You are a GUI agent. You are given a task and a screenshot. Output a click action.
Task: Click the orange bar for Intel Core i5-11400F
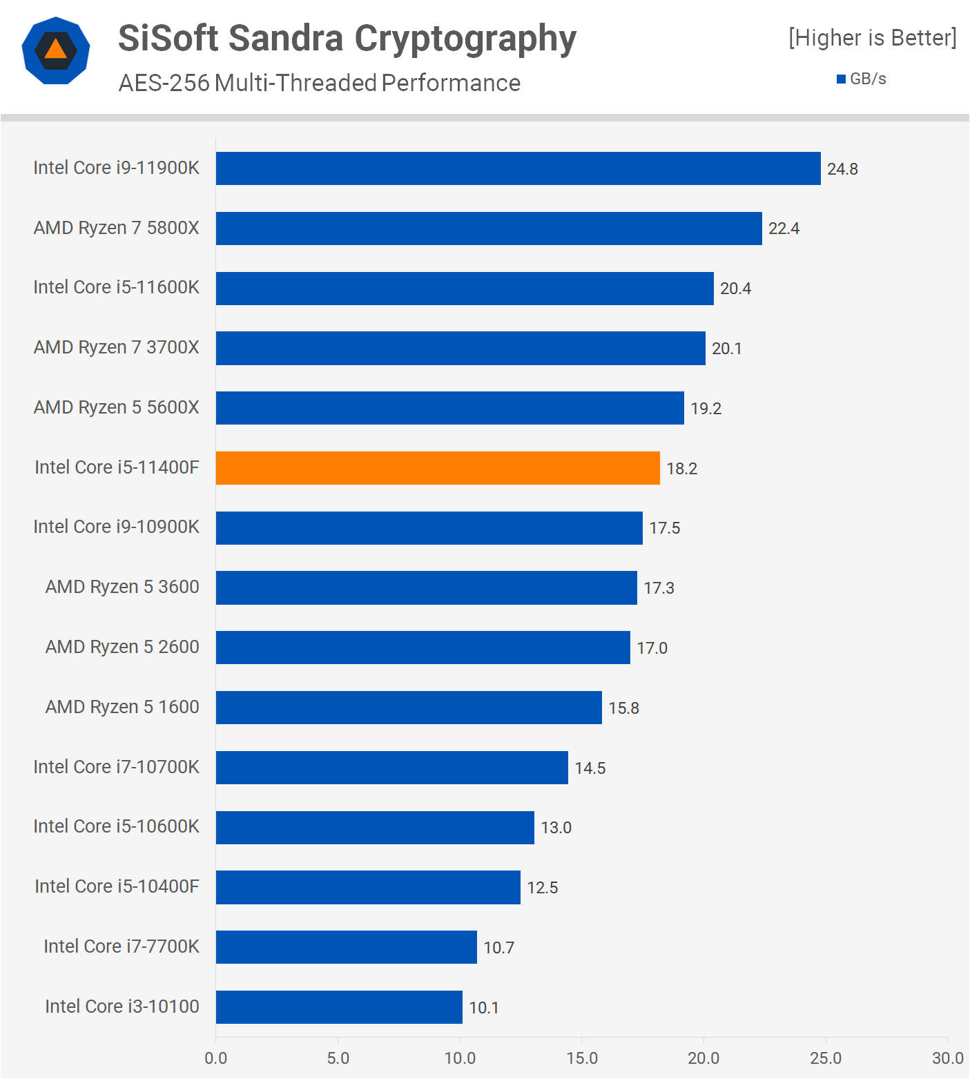pyautogui.click(x=438, y=468)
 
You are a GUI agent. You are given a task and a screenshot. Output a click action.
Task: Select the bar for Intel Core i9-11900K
pyautogui.click(x=518, y=168)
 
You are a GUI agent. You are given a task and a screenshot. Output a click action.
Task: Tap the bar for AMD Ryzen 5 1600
pyautogui.click(x=409, y=708)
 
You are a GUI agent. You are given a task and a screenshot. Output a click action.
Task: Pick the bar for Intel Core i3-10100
pyautogui.click(x=339, y=1007)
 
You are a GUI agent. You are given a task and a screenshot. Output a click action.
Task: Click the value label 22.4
pyautogui.click(x=784, y=229)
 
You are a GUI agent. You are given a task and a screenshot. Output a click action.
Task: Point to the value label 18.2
pyautogui.click(x=681, y=469)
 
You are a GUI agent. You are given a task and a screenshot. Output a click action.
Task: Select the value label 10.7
pyautogui.click(x=498, y=948)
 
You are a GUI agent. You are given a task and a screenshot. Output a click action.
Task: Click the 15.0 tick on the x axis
pyautogui.click(x=582, y=1058)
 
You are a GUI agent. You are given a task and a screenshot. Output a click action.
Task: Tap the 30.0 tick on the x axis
pyautogui.click(x=947, y=1058)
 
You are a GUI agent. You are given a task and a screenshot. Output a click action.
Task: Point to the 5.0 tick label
pyautogui.click(x=338, y=1058)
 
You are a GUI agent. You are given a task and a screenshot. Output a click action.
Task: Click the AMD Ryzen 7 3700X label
pyautogui.click(x=116, y=347)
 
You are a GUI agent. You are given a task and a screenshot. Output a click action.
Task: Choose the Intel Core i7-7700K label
pyautogui.click(x=122, y=946)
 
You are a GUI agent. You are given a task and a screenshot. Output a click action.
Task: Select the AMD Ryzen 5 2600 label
pyautogui.click(x=122, y=647)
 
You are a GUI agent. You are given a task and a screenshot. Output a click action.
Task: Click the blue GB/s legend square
pyautogui.click(x=841, y=79)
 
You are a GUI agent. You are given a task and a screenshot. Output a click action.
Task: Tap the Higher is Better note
pyautogui.click(x=873, y=38)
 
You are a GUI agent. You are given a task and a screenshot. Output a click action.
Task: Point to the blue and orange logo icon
pyautogui.click(x=56, y=50)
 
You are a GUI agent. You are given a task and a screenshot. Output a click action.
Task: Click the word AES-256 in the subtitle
pyautogui.click(x=164, y=84)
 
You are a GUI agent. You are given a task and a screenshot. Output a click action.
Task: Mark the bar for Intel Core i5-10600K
pyautogui.click(x=375, y=828)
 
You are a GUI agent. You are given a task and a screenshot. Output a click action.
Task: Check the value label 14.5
pyautogui.click(x=590, y=768)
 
